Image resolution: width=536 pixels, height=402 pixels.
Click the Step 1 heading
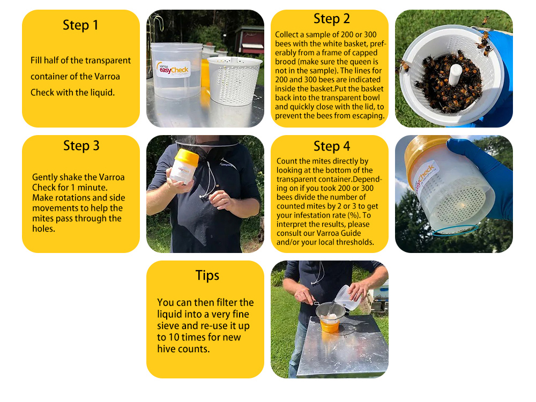(80, 25)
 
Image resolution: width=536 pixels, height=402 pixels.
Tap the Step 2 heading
(332, 18)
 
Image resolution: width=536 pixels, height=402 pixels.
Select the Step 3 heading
(81, 146)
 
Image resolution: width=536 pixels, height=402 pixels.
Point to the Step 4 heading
(332, 146)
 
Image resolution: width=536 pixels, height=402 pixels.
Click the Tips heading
(207, 276)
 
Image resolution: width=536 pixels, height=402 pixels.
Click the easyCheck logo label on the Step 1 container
(173, 69)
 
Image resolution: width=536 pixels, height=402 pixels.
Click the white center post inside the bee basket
(455, 75)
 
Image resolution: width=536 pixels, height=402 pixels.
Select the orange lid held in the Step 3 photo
(187, 157)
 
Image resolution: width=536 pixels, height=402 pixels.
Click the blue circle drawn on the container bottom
(456, 230)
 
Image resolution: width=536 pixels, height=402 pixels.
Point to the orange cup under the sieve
(330, 325)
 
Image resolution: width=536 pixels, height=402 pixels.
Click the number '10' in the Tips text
(174, 337)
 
